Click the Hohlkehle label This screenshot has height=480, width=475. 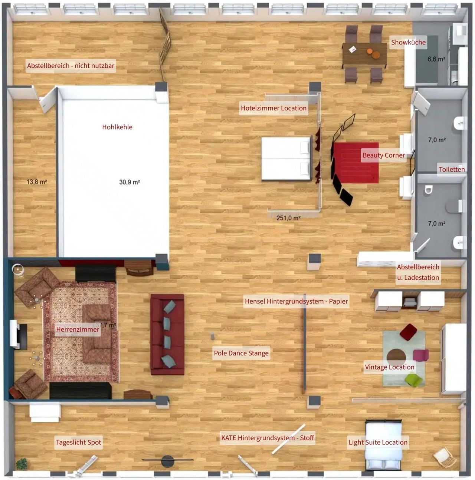(x=117, y=127)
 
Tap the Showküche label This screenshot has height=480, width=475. (x=408, y=42)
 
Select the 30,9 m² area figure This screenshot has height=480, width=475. (x=130, y=182)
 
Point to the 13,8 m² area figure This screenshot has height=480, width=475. (x=37, y=182)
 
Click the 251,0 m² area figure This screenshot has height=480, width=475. (x=288, y=218)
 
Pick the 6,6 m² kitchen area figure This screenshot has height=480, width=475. (x=436, y=59)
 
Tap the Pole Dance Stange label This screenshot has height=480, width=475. (x=241, y=353)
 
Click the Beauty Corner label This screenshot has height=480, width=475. (x=383, y=155)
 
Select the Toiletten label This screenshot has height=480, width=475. (x=452, y=169)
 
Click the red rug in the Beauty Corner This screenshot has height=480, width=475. (x=356, y=163)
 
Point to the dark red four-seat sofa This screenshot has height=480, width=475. (x=167, y=335)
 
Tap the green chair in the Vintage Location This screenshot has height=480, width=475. (x=413, y=380)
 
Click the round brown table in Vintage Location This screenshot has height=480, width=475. (x=396, y=357)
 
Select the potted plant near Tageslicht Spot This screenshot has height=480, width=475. (x=22, y=464)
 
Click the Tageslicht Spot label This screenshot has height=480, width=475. (x=78, y=443)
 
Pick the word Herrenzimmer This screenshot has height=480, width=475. (x=78, y=329)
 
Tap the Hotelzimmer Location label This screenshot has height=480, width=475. (x=273, y=108)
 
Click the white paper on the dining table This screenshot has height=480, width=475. (x=353, y=49)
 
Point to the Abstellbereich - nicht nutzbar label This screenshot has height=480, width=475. (x=71, y=66)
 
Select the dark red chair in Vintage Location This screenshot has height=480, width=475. (x=409, y=332)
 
